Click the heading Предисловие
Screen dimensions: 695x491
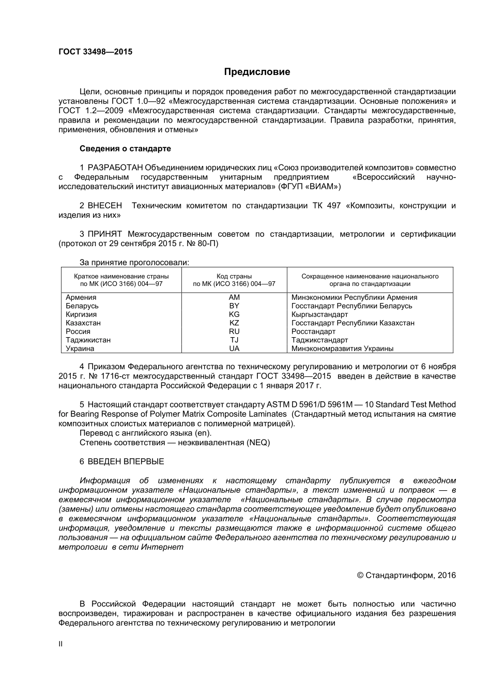(257, 72)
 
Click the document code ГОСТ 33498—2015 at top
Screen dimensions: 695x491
(95, 52)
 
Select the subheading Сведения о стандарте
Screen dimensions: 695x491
(125, 149)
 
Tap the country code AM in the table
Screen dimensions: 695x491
(234, 297)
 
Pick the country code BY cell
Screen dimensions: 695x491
(234, 306)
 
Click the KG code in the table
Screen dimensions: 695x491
(234, 314)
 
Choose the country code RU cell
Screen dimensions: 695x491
(234, 331)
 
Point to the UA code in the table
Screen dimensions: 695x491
(234, 349)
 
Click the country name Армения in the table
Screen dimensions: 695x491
(81, 297)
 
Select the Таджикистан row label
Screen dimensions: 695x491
(88, 340)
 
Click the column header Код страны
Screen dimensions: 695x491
(234, 276)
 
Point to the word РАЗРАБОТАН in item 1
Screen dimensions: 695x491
(115, 168)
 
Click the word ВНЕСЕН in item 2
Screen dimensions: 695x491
(105, 206)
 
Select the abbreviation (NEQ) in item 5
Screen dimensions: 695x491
(258, 443)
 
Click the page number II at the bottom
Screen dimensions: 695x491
(60, 644)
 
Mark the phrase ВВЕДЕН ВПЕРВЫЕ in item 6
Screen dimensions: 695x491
(126, 462)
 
